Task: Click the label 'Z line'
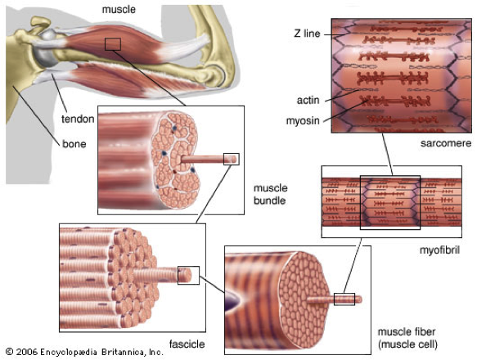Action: click(307, 34)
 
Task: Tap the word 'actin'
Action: click(308, 100)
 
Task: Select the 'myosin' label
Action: click(303, 121)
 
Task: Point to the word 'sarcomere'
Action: click(446, 143)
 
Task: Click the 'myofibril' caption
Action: click(439, 250)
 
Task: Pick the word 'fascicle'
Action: click(187, 344)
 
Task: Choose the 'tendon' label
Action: click(78, 119)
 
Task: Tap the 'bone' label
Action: click(74, 144)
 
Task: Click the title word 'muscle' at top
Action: click(119, 10)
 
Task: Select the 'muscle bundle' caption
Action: click(271, 194)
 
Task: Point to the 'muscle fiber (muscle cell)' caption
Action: click(407, 338)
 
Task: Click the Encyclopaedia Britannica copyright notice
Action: click(85, 352)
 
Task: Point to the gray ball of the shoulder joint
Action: click(47, 49)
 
